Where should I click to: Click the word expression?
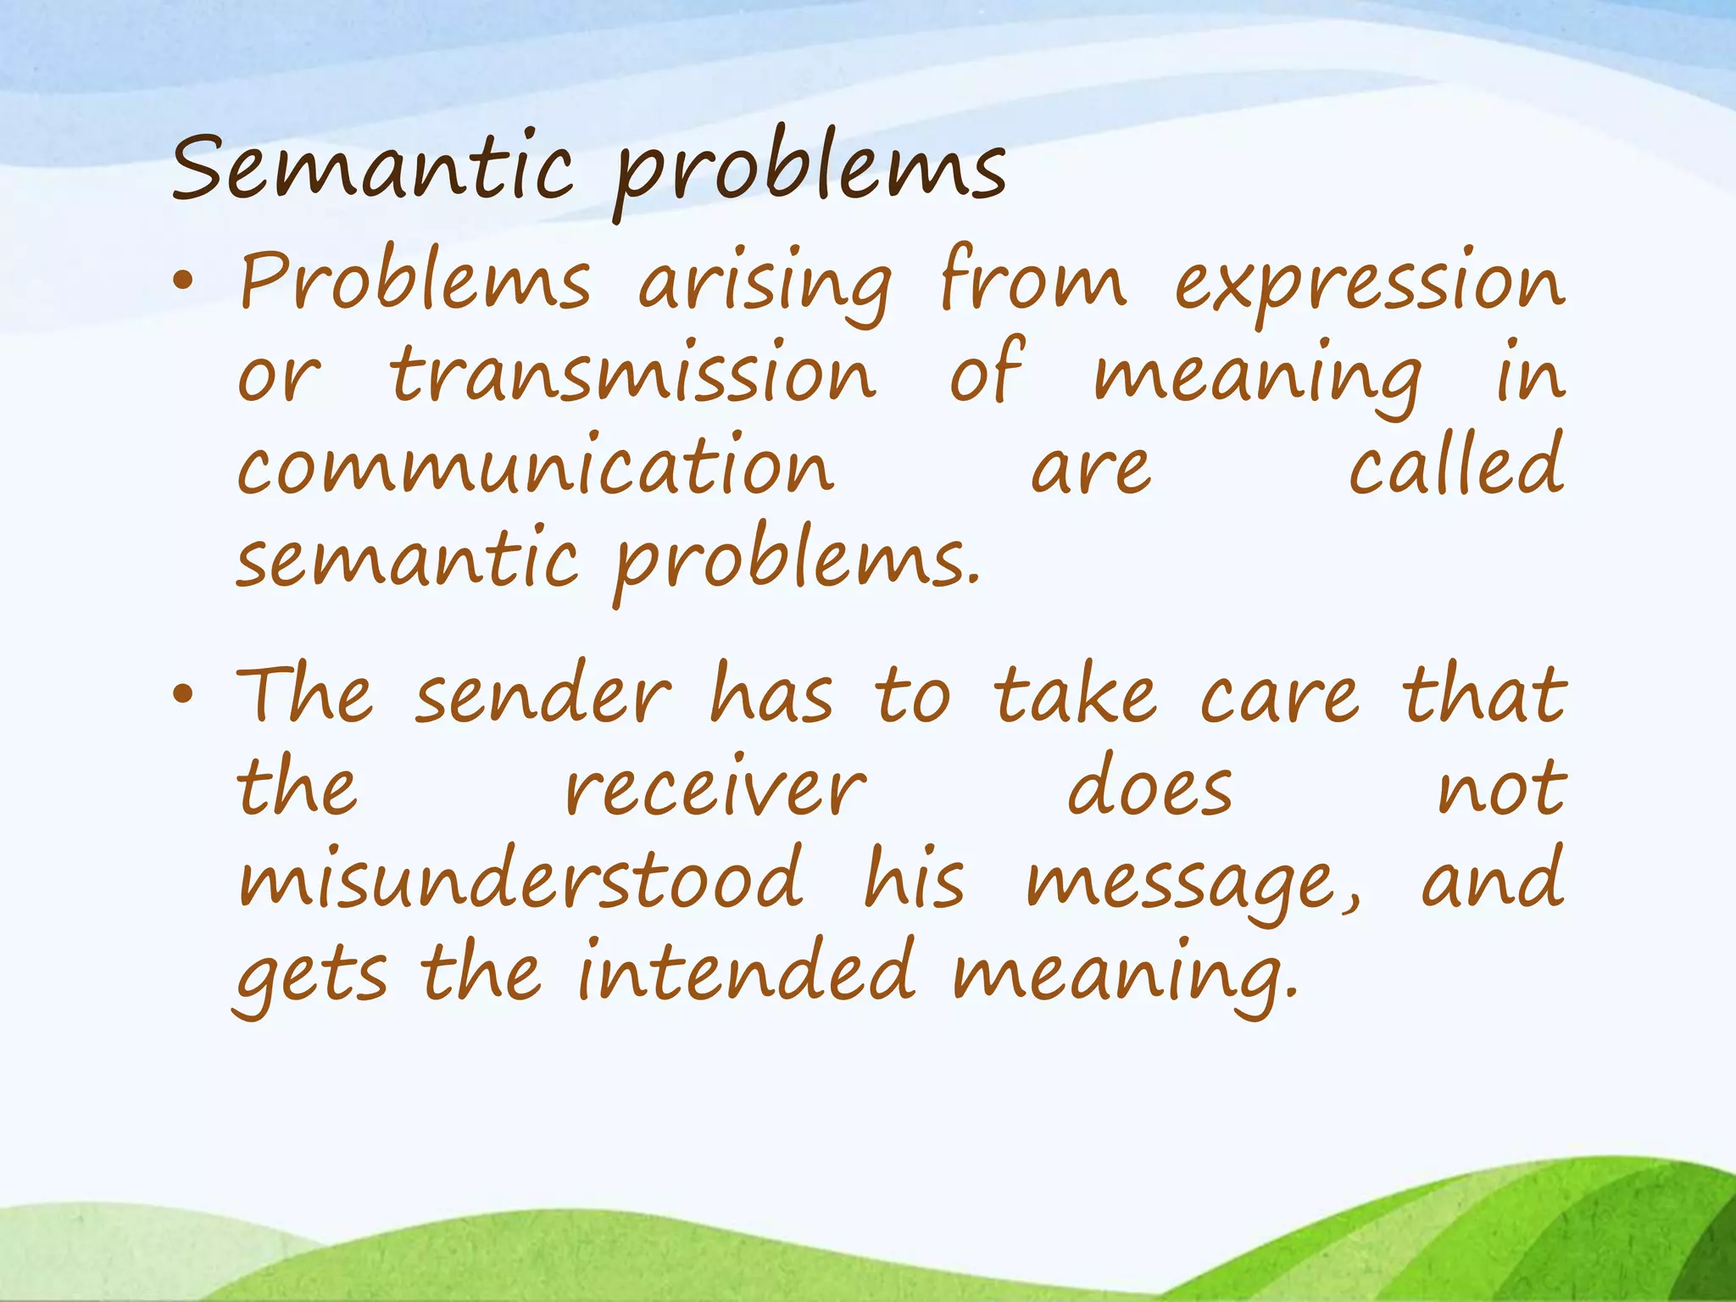pyautogui.click(x=1368, y=284)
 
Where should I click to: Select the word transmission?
pyautogui.click(x=632, y=375)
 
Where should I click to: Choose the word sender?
pyautogui.click(x=542, y=697)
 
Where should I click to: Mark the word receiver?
pyautogui.click(x=715, y=790)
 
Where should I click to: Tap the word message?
pyautogui.click(x=1191, y=883)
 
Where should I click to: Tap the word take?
pyautogui.click(x=1075, y=697)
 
